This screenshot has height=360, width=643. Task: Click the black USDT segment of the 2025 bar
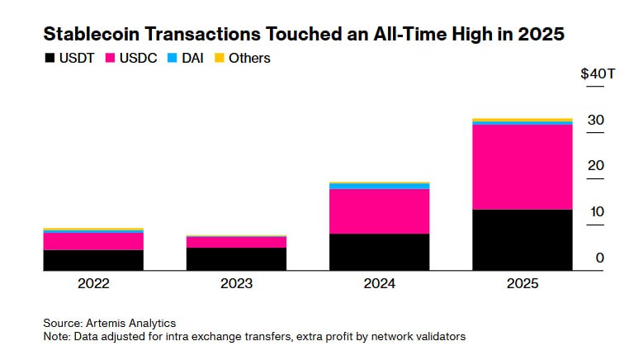pos(522,239)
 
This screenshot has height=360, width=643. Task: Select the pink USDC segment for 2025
pos(522,167)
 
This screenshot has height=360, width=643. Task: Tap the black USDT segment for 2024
pos(379,252)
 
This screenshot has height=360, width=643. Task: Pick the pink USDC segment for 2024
pos(379,211)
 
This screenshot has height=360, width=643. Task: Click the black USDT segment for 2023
pos(236,258)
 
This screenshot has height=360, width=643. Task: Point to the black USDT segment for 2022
pos(93,260)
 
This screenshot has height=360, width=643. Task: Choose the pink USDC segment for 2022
pos(93,241)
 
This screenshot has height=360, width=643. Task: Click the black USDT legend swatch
pos(50,59)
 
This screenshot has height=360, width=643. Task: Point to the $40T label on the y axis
pos(598,74)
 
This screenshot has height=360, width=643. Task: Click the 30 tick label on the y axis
pos(596,121)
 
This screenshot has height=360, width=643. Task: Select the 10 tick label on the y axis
pos(596,212)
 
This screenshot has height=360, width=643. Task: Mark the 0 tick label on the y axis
pos(600,258)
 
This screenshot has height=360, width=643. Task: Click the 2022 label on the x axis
pos(93,283)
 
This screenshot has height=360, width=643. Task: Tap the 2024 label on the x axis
pos(379,283)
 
